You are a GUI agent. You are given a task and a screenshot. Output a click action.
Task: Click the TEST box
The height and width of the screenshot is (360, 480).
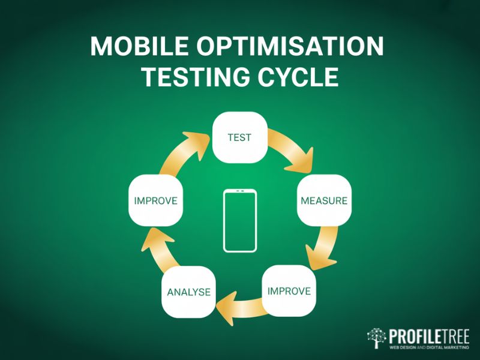(x=239, y=137)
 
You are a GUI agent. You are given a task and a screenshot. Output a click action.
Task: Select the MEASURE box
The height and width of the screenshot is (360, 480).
(x=324, y=200)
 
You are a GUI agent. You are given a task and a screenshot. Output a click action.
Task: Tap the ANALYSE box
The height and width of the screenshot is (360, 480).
(x=188, y=292)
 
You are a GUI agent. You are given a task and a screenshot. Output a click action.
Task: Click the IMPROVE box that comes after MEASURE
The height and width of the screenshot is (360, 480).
(x=289, y=291)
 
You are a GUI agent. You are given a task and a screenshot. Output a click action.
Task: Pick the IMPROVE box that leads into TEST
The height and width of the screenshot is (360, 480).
(x=155, y=200)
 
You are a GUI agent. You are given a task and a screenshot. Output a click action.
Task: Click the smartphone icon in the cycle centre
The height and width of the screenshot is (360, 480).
(x=239, y=220)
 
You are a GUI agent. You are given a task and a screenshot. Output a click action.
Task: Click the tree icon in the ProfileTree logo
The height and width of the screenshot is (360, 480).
(x=376, y=338)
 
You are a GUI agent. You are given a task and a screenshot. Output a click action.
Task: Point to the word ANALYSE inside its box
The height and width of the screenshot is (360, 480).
(x=188, y=292)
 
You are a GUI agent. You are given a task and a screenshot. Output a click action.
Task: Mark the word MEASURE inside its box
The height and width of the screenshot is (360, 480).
(x=324, y=200)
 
